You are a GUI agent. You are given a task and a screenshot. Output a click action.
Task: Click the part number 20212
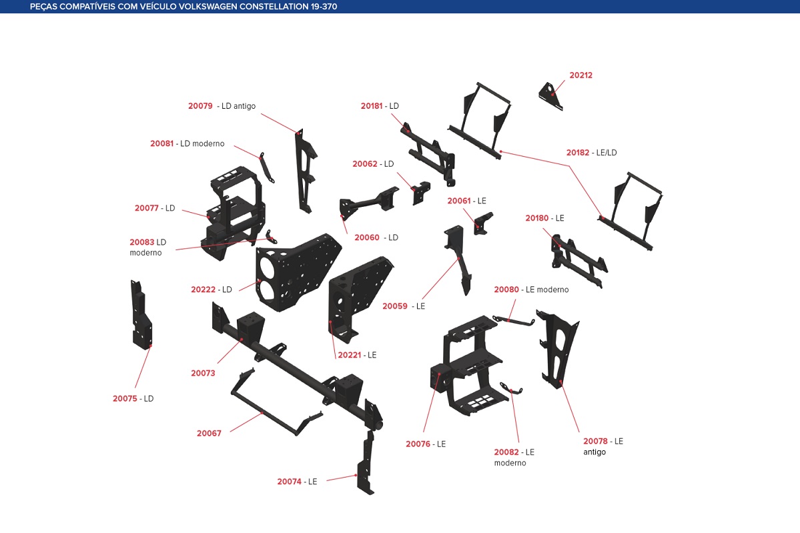(580, 75)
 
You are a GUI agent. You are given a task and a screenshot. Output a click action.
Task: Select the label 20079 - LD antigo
(222, 106)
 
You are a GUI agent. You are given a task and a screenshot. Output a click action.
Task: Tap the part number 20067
(209, 434)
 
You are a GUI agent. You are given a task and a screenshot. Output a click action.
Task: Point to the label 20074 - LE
(297, 482)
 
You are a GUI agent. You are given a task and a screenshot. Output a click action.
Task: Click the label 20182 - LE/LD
(591, 153)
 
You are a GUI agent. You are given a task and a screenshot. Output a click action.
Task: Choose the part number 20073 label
(203, 374)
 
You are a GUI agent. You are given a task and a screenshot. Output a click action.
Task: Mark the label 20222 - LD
(211, 290)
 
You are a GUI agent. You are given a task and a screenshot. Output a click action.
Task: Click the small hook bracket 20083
(271, 237)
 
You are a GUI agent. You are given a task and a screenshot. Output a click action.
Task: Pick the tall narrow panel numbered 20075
(141, 314)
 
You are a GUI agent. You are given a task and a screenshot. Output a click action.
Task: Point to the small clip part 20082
(510, 389)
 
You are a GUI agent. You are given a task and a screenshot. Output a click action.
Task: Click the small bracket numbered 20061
(482, 223)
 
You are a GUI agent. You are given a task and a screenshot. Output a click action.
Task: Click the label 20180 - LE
(544, 218)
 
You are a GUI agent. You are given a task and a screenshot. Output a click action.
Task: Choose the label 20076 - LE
(426, 444)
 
